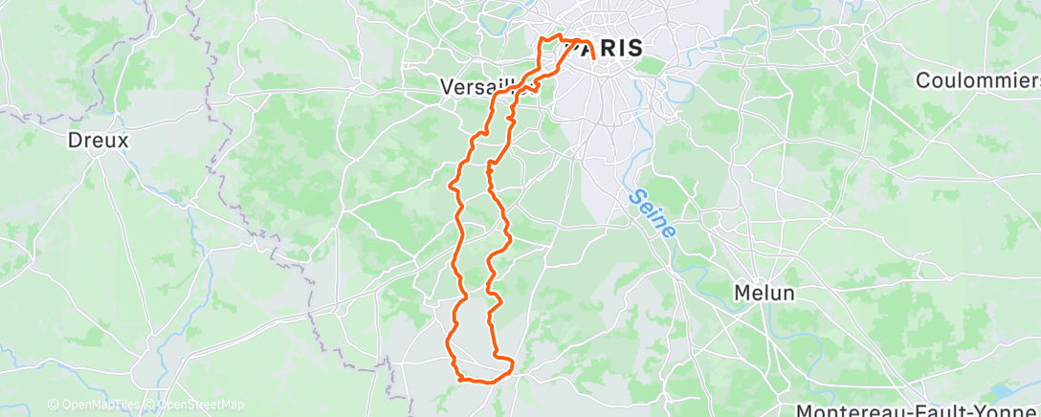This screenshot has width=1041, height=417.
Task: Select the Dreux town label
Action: pyautogui.click(x=98, y=140)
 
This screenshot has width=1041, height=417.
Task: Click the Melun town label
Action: pyautogui.click(x=764, y=293)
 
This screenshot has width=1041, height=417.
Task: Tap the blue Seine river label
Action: pyautogui.click(x=653, y=214)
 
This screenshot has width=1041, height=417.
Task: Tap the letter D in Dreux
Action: pyautogui.click(x=74, y=140)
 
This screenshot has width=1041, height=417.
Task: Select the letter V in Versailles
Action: pyautogui.click(x=446, y=86)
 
